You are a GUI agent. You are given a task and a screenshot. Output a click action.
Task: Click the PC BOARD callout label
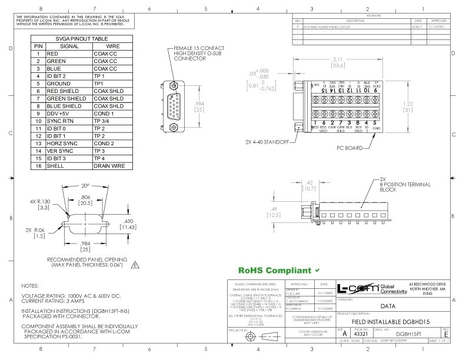pos(349,149)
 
